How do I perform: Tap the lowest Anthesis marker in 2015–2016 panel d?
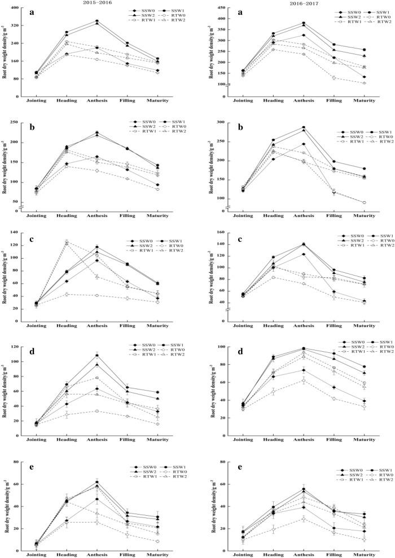(x=96, y=411)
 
